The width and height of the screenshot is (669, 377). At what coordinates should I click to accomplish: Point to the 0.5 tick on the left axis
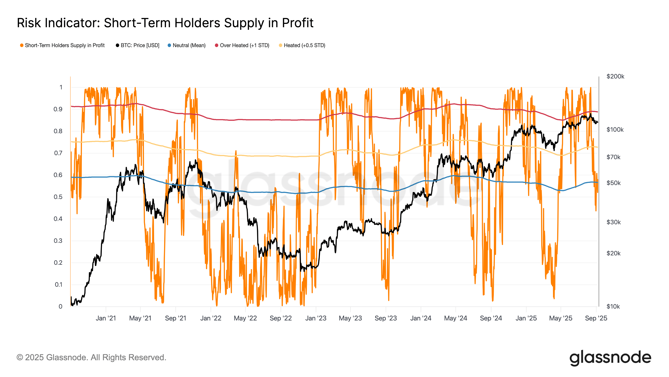tap(58, 197)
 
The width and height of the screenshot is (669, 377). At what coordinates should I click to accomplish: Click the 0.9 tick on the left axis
tap(58, 109)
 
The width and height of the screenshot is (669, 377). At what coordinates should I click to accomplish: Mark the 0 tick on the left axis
tap(60, 306)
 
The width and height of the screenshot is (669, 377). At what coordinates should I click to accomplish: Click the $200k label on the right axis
tap(615, 76)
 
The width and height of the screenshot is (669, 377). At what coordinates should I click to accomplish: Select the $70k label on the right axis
tap(613, 157)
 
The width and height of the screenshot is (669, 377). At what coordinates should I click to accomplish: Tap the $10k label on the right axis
tap(613, 306)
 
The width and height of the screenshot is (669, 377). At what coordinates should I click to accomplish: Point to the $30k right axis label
tap(613, 222)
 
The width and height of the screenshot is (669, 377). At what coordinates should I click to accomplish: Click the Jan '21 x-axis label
tap(106, 318)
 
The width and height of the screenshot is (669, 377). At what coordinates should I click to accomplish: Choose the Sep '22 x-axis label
tap(281, 318)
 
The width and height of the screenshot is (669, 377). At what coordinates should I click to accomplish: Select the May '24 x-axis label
tap(456, 318)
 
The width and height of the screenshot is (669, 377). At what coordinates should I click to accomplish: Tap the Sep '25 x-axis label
tap(596, 318)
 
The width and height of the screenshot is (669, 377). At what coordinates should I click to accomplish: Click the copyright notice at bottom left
tap(91, 358)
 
